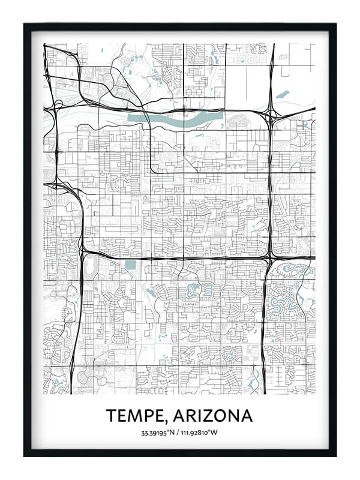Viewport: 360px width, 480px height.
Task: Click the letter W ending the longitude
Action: coord(217,433)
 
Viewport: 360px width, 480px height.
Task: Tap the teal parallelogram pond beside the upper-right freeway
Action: coord(282,94)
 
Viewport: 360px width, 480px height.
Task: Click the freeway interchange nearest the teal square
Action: coord(83,252)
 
